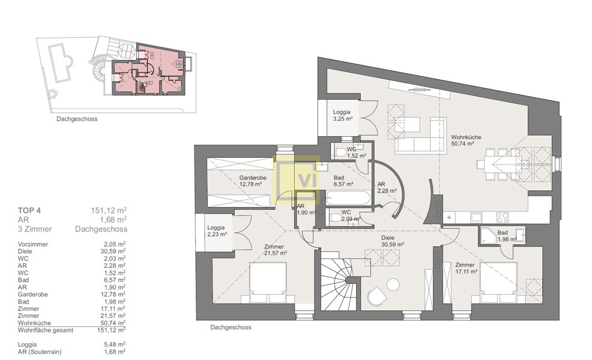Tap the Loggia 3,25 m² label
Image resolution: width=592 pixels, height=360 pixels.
point(342,115)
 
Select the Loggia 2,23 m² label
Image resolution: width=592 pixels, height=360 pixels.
point(217,231)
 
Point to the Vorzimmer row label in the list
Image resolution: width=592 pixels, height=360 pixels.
point(34,244)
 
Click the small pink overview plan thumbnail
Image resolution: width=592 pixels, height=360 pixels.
point(150,71)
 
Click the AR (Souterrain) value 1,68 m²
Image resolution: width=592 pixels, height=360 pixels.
point(115,352)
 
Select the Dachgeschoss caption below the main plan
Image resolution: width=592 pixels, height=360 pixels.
point(231,328)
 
